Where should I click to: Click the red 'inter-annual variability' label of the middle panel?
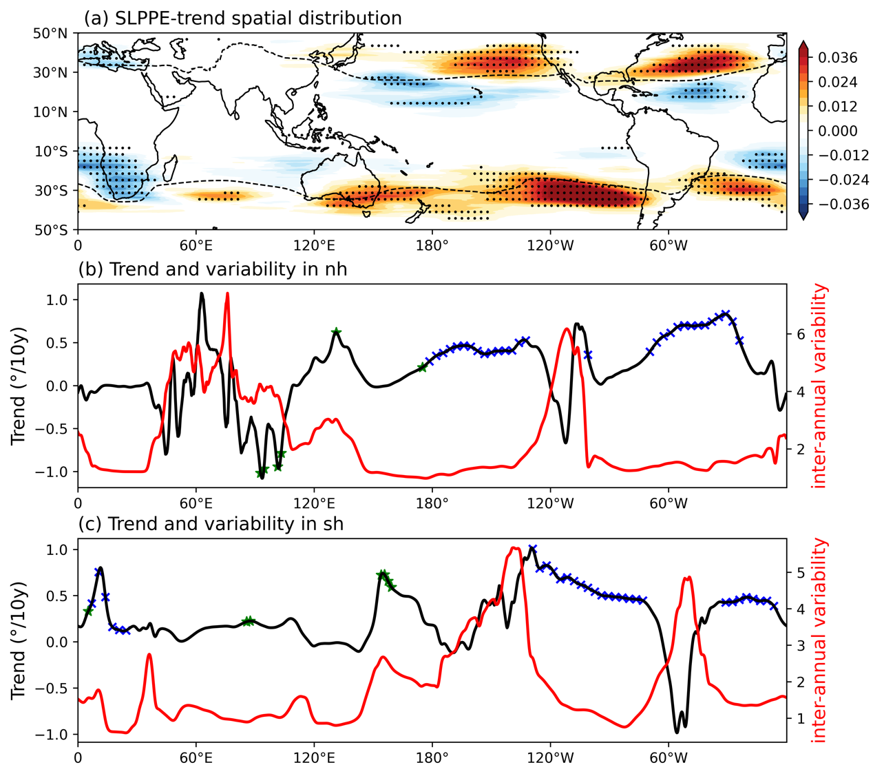point(819,386)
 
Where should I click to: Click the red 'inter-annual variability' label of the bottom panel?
point(819,640)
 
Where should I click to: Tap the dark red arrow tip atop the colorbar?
point(803,45)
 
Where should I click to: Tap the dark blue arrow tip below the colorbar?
point(803,214)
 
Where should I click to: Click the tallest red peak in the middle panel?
point(227,294)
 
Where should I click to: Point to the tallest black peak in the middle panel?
point(202,294)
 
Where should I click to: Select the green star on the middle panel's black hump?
point(336,332)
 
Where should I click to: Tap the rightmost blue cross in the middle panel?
point(739,340)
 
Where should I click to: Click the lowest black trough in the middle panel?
point(262,477)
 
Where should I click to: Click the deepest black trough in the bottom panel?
point(677,731)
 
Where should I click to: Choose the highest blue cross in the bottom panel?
point(532,549)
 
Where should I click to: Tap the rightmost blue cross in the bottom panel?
point(774,606)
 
